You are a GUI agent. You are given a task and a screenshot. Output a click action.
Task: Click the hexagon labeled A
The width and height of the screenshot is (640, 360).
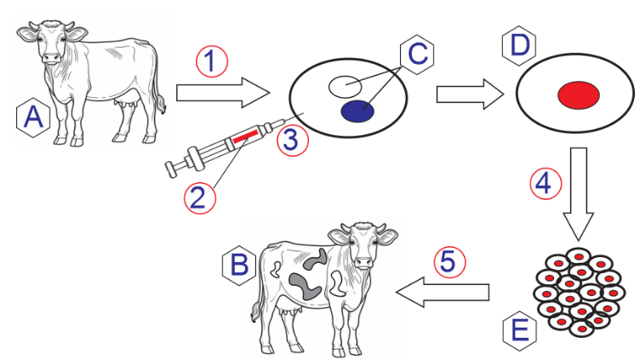[33, 117]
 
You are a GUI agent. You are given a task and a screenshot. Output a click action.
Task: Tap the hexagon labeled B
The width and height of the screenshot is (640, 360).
[239, 266]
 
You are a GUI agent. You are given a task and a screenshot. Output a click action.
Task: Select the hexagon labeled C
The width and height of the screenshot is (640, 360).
[417, 54]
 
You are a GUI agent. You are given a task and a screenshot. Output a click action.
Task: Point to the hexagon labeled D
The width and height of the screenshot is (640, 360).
[519, 45]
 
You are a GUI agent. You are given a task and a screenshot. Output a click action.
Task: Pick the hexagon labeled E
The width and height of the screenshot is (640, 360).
[519, 330]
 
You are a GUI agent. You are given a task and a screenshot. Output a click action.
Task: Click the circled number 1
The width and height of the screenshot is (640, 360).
[212, 61]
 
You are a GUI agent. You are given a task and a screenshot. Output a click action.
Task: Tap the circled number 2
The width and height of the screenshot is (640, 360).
[200, 198]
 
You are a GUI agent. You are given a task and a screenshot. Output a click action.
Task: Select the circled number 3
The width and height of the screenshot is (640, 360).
[293, 140]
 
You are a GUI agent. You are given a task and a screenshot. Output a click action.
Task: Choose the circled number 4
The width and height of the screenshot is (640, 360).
[546, 184]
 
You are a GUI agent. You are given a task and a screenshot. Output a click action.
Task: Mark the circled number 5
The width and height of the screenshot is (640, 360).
[449, 261]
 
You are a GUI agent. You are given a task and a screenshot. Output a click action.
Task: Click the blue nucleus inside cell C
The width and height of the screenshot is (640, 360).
[357, 111]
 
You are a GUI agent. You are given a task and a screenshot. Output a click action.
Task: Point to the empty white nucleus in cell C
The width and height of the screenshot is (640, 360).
[345, 87]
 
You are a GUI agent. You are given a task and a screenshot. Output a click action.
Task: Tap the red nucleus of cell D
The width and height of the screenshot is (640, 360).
[579, 95]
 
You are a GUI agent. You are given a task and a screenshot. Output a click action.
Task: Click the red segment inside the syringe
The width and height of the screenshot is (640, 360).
[245, 136]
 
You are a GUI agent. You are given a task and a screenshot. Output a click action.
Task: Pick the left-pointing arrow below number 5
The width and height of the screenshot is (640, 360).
[443, 292]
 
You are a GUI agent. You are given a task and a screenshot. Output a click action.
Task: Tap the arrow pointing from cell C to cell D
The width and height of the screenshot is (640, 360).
[470, 94]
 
